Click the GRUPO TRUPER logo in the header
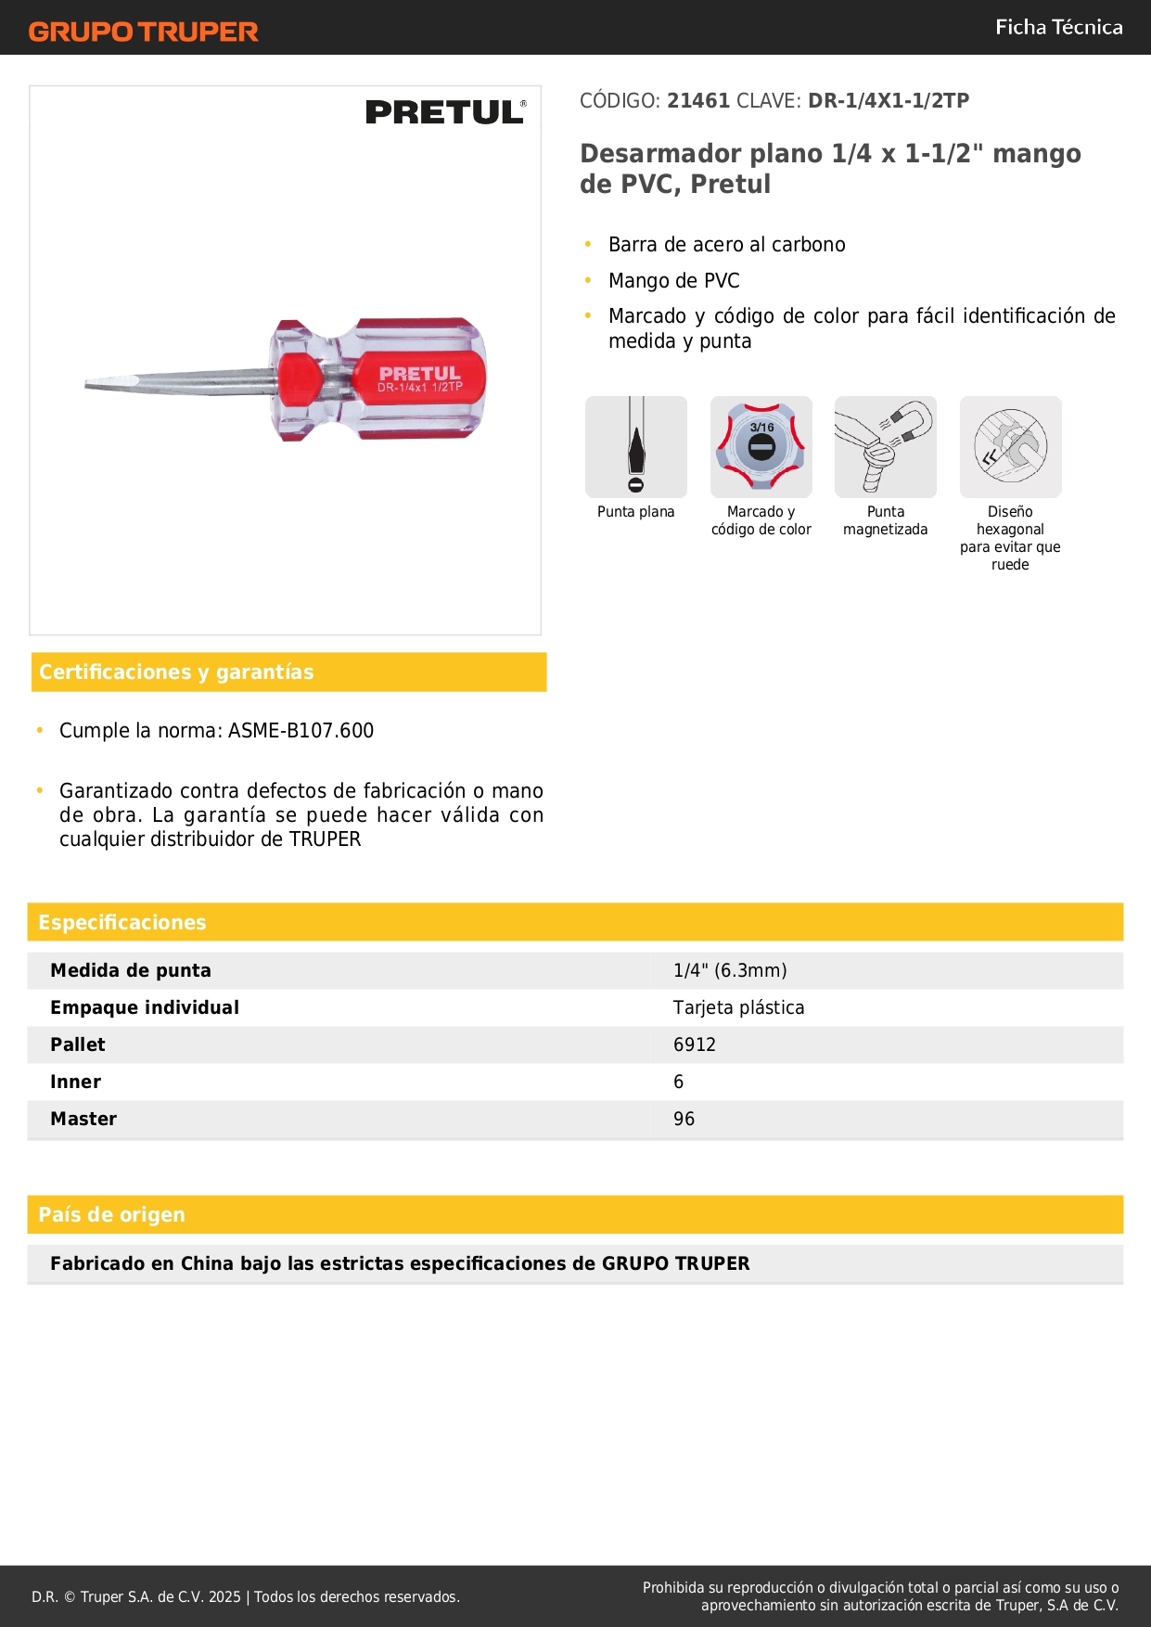click(143, 32)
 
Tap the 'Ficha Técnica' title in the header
click(1058, 27)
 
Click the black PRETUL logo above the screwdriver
click(445, 112)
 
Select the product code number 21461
click(698, 101)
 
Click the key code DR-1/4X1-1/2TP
click(888, 101)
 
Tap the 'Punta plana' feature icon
click(636, 447)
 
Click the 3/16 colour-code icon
click(761, 447)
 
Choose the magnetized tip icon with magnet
click(885, 447)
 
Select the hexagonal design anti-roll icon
click(1010, 447)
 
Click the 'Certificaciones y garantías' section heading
click(176, 673)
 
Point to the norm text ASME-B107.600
click(301, 731)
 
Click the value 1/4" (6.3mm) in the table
click(730, 971)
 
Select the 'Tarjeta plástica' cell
click(738, 1008)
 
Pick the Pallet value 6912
click(695, 1045)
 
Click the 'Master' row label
click(83, 1120)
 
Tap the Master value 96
click(684, 1120)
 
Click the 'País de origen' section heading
click(111, 1215)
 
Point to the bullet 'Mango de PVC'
click(674, 281)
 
